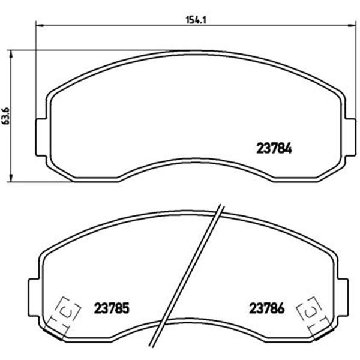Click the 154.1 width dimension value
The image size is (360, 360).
click(x=196, y=20)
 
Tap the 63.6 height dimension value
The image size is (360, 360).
click(x=5, y=116)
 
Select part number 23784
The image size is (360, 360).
click(x=274, y=148)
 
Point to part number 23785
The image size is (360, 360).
click(x=112, y=308)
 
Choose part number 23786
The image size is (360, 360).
click(x=267, y=308)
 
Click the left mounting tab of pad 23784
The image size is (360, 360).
click(x=41, y=137)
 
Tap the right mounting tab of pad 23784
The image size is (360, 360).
click(x=350, y=137)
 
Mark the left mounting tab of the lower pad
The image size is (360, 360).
click(x=34, y=298)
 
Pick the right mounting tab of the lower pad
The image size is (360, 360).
click(x=343, y=298)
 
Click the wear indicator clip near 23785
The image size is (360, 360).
click(x=65, y=316)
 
